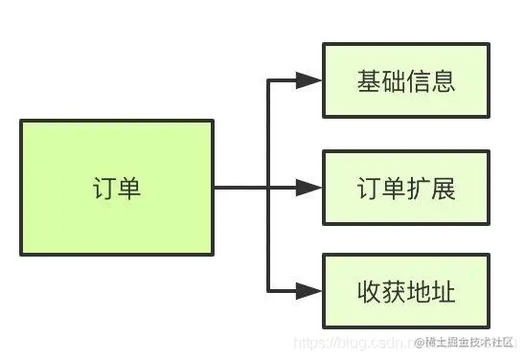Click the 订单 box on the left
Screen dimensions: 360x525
tap(116, 189)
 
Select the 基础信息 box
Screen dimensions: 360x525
tap(405, 81)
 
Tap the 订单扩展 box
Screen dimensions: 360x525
tap(405, 188)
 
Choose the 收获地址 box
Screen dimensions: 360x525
tap(405, 290)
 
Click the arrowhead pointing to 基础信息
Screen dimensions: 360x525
tap(308, 81)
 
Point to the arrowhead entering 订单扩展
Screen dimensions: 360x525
tap(308, 188)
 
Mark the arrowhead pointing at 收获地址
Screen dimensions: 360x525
tap(308, 290)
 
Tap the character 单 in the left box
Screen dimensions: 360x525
tap(129, 189)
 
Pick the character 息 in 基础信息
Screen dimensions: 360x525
tap(443, 81)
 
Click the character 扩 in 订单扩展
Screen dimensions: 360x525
tap(418, 188)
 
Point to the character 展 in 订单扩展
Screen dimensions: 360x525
tap(443, 188)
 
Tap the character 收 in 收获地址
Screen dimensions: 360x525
tap(368, 290)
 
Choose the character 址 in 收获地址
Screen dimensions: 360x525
tap(443, 290)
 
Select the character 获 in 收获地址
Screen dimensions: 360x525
tap(393, 290)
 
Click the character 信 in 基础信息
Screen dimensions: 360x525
tap(418, 81)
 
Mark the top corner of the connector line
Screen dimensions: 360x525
tap(266, 81)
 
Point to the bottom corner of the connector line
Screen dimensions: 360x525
tap(266, 290)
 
